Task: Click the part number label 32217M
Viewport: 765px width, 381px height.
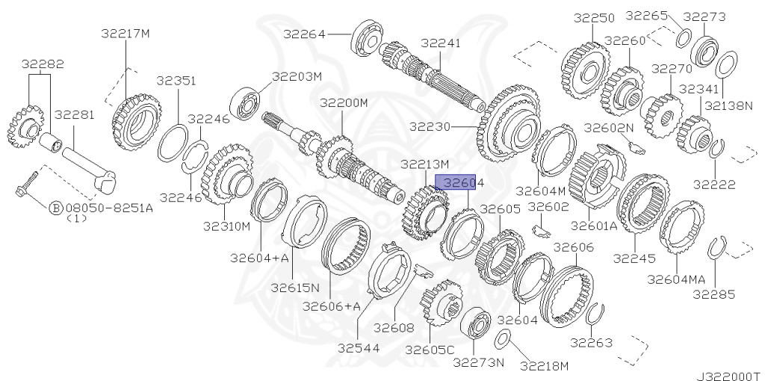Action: click(x=126, y=34)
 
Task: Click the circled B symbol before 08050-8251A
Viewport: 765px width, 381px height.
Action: click(x=55, y=208)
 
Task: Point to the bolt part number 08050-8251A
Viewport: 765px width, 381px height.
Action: click(x=108, y=208)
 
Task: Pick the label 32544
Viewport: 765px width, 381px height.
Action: click(x=358, y=348)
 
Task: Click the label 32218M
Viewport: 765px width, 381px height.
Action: click(x=544, y=365)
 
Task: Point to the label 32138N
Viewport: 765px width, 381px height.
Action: click(x=728, y=105)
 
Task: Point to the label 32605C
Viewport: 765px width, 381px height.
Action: click(x=430, y=348)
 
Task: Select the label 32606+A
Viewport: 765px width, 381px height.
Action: click(x=331, y=306)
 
